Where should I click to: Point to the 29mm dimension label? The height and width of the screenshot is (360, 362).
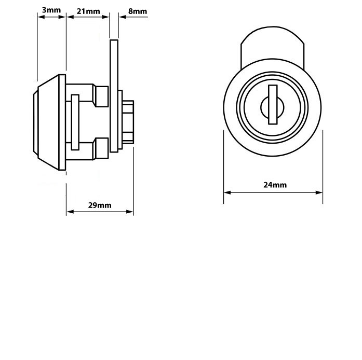(99, 205)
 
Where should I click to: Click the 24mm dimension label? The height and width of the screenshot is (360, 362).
(275, 185)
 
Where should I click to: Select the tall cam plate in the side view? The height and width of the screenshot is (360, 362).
(114, 93)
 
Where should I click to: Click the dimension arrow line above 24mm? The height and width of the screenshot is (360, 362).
(273, 192)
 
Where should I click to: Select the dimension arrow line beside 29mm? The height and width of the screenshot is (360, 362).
(100, 212)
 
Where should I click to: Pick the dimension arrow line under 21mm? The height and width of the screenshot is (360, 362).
(88, 17)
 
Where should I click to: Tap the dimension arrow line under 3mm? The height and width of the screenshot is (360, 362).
(51, 17)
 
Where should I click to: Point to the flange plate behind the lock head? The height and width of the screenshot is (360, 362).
(62, 122)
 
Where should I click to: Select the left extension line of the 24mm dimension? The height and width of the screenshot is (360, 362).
(224, 166)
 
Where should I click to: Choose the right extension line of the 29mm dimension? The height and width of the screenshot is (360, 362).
(133, 182)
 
